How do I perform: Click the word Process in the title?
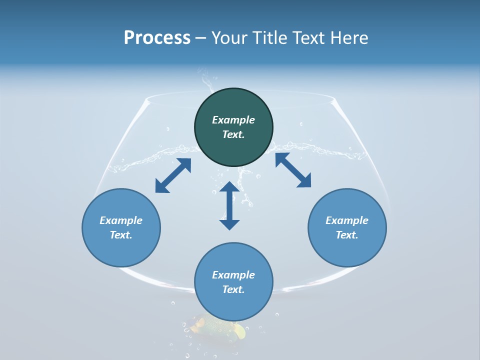tap(157, 38)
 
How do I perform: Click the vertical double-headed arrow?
tap(229, 205)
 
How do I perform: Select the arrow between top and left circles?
tap(173, 175)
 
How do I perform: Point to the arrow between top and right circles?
tap(293, 170)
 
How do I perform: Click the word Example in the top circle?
tap(233, 120)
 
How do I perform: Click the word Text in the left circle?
tap(121, 235)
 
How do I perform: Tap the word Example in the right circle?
tap(347, 220)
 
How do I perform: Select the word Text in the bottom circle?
tap(233, 289)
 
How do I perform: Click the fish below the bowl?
tap(215, 327)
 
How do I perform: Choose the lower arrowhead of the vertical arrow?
tap(229, 223)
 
